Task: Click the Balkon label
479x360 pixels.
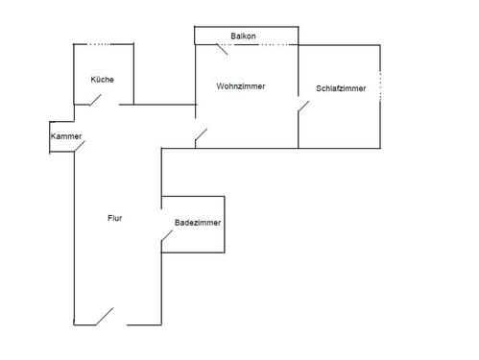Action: (243, 36)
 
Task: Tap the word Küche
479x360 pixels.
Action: (103, 80)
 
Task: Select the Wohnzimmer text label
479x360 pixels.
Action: (241, 86)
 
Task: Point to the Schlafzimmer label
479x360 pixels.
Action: (341, 89)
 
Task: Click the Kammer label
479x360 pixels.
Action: (66, 137)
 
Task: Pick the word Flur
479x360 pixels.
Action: (114, 218)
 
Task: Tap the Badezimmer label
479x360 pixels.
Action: (198, 223)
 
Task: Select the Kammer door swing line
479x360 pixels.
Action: (78, 147)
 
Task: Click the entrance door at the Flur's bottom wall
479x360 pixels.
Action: (106, 315)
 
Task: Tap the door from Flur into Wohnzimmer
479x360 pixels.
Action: (201, 136)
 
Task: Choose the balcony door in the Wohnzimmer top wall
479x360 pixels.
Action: (277, 44)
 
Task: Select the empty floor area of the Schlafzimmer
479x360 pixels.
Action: (341, 120)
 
